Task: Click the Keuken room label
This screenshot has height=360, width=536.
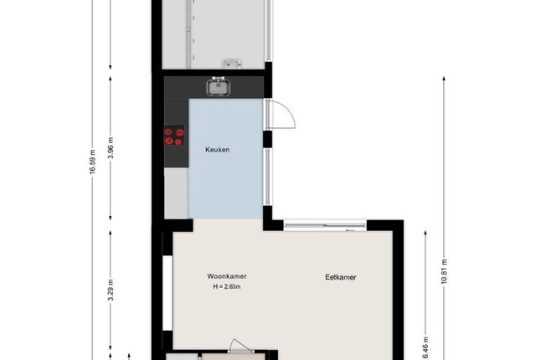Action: pyautogui.click(x=218, y=150)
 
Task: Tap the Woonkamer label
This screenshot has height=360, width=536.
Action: pyautogui.click(x=227, y=276)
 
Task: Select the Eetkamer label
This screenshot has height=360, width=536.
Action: pyautogui.click(x=341, y=277)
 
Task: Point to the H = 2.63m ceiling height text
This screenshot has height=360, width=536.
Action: pyautogui.click(x=227, y=287)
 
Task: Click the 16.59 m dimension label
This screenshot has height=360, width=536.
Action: pyautogui.click(x=92, y=162)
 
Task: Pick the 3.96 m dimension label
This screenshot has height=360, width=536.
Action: pyautogui.click(x=111, y=148)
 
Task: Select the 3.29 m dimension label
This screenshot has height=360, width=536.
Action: pyautogui.click(x=111, y=290)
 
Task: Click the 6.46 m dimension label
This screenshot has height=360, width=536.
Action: pyautogui.click(x=425, y=348)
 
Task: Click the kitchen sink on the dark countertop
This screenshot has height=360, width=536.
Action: pyautogui.click(x=219, y=86)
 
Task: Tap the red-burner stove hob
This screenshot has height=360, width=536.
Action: pyautogui.click(x=174, y=136)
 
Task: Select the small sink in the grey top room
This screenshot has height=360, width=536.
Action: pyautogui.click(x=233, y=64)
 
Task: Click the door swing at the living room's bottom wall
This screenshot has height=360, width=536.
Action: pyautogui.click(x=240, y=346)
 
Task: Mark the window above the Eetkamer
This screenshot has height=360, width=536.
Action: pyautogui.click(x=325, y=225)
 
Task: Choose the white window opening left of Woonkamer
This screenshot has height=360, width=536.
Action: pyautogui.click(x=167, y=293)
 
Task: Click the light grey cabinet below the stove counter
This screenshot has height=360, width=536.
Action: pyautogui.click(x=176, y=193)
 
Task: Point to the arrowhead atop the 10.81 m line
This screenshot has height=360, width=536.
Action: pyautogui.click(x=444, y=79)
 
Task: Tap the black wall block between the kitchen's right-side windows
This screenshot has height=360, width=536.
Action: pyautogui.click(x=267, y=139)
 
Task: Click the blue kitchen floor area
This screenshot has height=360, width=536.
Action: pyautogui.click(x=225, y=159)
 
